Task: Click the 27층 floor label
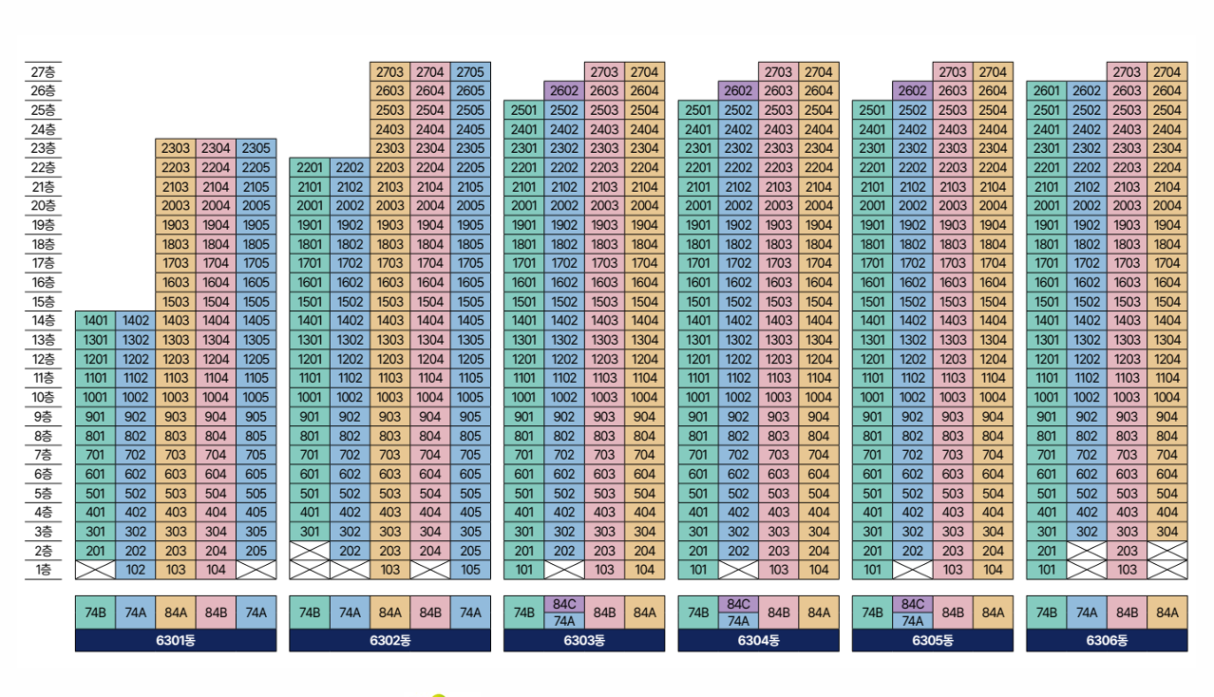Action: pyautogui.click(x=43, y=72)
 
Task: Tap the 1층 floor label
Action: pyautogui.click(x=43, y=570)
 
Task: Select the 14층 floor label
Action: pyautogui.click(x=43, y=321)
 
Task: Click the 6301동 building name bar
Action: pyautogui.click(x=176, y=640)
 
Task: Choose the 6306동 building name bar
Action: pyautogui.click(x=1107, y=640)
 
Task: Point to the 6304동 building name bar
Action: pyautogui.click(x=758, y=640)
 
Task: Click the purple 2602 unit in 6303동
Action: pyautogui.click(x=564, y=91)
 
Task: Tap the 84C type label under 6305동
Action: pyautogui.click(x=913, y=604)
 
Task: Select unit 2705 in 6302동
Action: pyautogui.click(x=470, y=72)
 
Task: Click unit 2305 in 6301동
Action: pyautogui.click(x=256, y=148)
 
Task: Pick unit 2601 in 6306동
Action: pyautogui.click(x=1047, y=91)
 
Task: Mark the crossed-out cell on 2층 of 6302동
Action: pyautogui.click(x=310, y=551)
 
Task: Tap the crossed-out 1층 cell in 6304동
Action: pyautogui.click(x=738, y=570)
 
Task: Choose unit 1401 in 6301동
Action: pyautogui.click(x=95, y=321)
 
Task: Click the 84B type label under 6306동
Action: pyautogui.click(x=1127, y=612)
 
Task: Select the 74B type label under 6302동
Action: pyautogui.click(x=310, y=612)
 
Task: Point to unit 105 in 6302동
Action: pyautogui.click(x=470, y=570)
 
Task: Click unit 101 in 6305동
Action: pyautogui.click(x=872, y=570)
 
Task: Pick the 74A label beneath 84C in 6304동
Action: pyautogui.click(x=738, y=621)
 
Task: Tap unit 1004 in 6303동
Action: pyautogui.click(x=644, y=398)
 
